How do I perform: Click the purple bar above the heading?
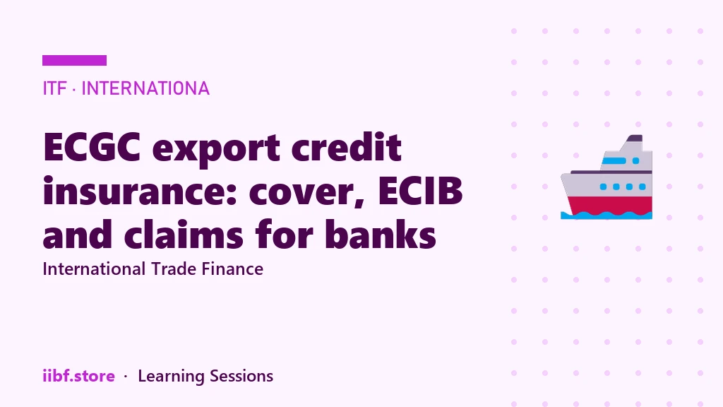tap(74, 61)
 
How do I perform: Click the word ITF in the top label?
tap(54, 88)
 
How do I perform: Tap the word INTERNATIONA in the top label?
tap(145, 88)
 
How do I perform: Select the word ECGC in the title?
tap(92, 147)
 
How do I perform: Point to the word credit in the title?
tap(347, 147)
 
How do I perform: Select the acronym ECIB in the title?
tap(420, 191)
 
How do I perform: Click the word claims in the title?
tap(184, 233)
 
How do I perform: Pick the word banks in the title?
tap(381, 233)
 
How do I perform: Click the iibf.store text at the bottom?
tap(78, 376)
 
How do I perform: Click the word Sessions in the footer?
tap(241, 376)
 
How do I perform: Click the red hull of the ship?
tap(609, 205)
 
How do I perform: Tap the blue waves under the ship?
tap(607, 216)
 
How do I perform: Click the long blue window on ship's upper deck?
tap(614, 160)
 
